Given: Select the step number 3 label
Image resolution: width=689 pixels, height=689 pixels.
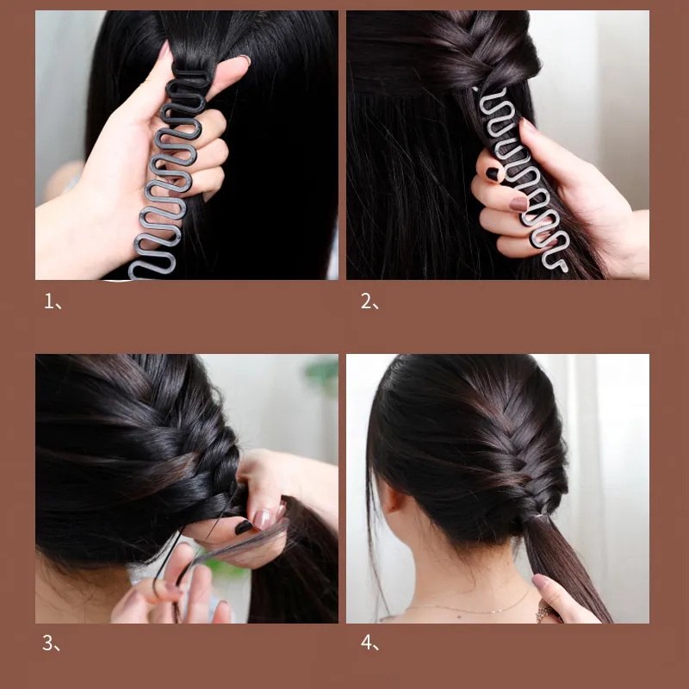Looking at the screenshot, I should (49, 643).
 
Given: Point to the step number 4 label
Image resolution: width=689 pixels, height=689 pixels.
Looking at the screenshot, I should (366, 643).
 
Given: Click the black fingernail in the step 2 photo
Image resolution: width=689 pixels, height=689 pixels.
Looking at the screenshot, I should (493, 174).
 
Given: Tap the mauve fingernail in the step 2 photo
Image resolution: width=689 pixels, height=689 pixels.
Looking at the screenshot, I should (518, 204).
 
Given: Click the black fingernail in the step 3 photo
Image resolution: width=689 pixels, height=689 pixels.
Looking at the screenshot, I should (244, 525).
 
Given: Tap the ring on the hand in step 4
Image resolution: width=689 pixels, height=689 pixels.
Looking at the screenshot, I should (544, 612).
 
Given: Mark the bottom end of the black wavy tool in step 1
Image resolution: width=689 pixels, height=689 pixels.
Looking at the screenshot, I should (138, 272).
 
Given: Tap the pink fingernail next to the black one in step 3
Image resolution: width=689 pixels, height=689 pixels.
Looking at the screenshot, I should (264, 518).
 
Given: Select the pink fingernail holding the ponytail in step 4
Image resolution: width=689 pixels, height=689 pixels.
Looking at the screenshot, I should (540, 581).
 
